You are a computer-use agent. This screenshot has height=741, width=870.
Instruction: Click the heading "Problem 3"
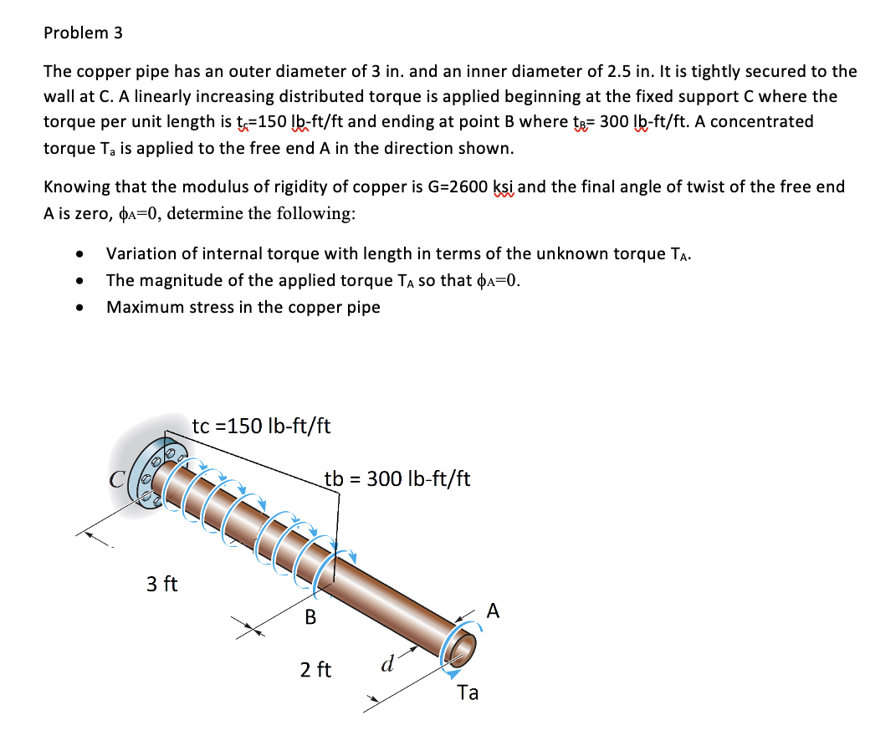83,33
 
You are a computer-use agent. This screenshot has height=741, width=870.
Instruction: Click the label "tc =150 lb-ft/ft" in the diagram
261,426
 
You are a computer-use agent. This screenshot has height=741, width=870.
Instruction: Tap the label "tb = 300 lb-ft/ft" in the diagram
397,478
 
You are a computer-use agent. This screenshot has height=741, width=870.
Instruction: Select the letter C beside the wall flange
117,479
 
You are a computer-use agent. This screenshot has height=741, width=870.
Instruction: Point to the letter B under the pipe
310,616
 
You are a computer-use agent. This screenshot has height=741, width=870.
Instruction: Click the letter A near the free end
493,611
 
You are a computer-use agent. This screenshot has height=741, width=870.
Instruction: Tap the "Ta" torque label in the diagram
468,692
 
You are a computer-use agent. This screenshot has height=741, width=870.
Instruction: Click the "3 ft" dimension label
162,584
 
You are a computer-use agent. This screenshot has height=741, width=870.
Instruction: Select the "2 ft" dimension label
315,670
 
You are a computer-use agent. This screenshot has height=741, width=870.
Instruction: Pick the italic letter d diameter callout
388,663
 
